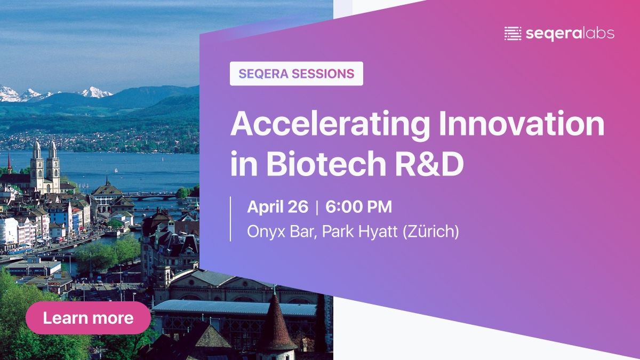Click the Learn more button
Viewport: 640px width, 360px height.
(x=88, y=318)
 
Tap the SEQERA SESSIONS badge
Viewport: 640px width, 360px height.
(x=297, y=74)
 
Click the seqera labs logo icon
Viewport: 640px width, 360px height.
(x=513, y=34)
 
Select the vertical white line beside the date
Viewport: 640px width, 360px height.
(x=230, y=219)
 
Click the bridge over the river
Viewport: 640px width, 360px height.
(x=149, y=196)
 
